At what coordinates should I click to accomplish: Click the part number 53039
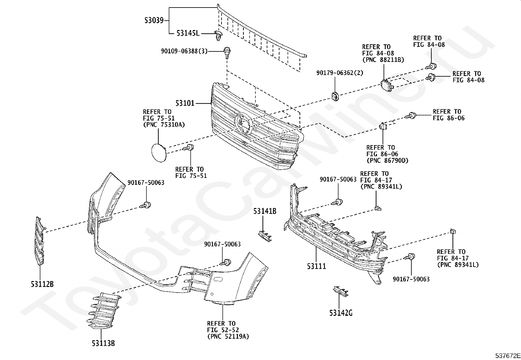pos(154,21)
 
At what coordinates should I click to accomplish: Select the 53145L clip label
pos(188,33)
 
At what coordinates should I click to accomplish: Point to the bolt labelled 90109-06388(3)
pos(227,53)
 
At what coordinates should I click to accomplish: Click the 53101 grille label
pos(185,103)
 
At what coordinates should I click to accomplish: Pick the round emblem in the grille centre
pos(244,123)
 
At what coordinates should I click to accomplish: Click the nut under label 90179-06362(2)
pos(335,96)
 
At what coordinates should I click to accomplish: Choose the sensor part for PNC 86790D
pos(383,126)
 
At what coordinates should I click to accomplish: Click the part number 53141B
pos(265,211)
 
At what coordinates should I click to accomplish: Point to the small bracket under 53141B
pos(265,236)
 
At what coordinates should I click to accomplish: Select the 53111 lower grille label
pos(316,266)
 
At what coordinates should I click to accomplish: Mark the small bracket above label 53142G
pos(341,291)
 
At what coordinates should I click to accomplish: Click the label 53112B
pos(42,284)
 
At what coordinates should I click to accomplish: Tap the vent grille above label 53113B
pos(104,311)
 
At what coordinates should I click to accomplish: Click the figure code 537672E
pos(508,355)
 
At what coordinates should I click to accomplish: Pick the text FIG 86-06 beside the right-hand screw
pos(448,118)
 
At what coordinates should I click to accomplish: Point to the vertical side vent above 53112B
pos(40,241)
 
